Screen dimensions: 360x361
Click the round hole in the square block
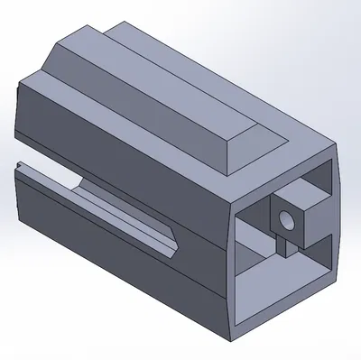coord(288,221)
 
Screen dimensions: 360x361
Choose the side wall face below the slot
coord(108,262)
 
